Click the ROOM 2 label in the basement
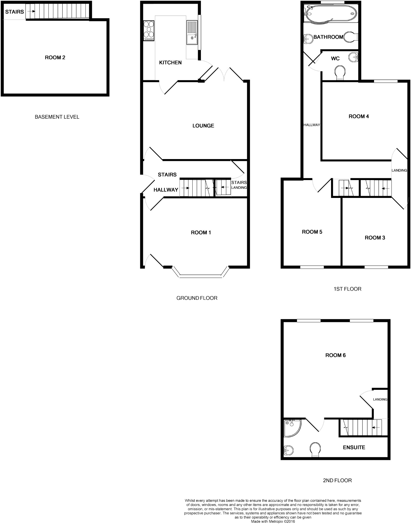tap(55, 57)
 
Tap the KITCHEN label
tap(170, 62)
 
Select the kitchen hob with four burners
tap(149, 30)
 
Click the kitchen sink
tap(192, 33)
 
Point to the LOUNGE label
tap(203, 126)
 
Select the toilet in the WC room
tap(340, 72)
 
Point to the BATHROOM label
tap(328, 37)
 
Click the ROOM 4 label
tap(359, 116)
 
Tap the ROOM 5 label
tap(312, 232)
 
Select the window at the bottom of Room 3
tap(376, 267)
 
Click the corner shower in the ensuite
tap(292, 428)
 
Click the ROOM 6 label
tap(336, 355)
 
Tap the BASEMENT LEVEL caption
tap(57, 117)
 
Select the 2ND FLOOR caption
tap(337, 480)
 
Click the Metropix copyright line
tap(273, 521)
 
